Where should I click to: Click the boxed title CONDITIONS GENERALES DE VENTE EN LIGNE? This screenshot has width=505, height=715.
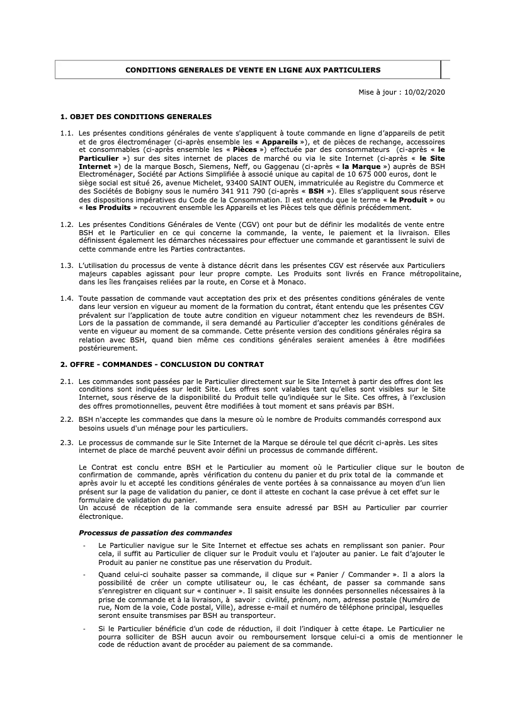tap(252, 70)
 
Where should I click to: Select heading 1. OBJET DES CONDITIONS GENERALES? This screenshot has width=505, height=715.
tap(135, 117)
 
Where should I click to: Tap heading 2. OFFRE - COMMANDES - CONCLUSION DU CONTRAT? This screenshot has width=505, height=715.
tap(162, 364)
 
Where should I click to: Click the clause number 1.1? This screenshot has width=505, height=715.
tap(67, 134)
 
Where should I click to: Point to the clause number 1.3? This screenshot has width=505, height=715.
tap(67, 265)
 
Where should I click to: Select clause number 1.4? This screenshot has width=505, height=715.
tap(67, 298)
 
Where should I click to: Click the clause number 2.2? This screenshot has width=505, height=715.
tap(67, 419)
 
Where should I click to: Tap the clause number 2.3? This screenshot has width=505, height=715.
tap(67, 443)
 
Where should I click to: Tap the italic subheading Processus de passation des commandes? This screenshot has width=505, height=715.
tap(155, 533)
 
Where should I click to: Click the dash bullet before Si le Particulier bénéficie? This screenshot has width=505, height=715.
tap(84, 629)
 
